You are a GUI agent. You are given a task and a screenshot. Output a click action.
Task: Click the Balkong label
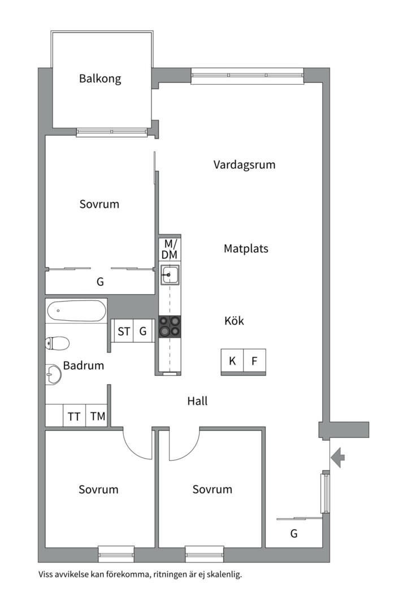[100, 79]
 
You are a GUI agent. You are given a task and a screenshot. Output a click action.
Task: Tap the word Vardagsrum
[244, 165]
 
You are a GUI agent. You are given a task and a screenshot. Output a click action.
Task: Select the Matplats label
[246, 249]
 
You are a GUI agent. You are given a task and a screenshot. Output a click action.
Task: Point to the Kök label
[234, 321]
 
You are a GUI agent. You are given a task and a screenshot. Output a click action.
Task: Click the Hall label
[197, 401]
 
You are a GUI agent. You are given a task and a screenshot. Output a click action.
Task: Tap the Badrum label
[84, 365]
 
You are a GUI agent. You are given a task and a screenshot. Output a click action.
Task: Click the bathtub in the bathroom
[76, 311]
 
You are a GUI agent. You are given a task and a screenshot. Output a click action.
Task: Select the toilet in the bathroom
[57, 343]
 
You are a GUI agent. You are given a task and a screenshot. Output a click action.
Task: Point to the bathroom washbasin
[53, 373]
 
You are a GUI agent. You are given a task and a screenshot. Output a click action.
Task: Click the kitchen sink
[169, 276]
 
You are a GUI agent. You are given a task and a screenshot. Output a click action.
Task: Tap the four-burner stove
[170, 326]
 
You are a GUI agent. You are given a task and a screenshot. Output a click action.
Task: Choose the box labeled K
[232, 361]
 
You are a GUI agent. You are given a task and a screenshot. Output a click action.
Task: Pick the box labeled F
[254, 361]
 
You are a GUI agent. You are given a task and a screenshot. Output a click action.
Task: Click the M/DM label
[169, 250]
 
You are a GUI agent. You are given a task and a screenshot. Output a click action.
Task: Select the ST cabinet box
[123, 332]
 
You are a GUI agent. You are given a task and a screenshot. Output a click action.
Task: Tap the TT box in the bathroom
[74, 417]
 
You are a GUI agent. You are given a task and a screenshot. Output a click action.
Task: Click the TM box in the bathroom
[98, 417]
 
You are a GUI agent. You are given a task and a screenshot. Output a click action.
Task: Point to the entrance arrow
[337, 457]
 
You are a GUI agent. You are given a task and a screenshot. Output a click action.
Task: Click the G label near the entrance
[294, 533]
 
